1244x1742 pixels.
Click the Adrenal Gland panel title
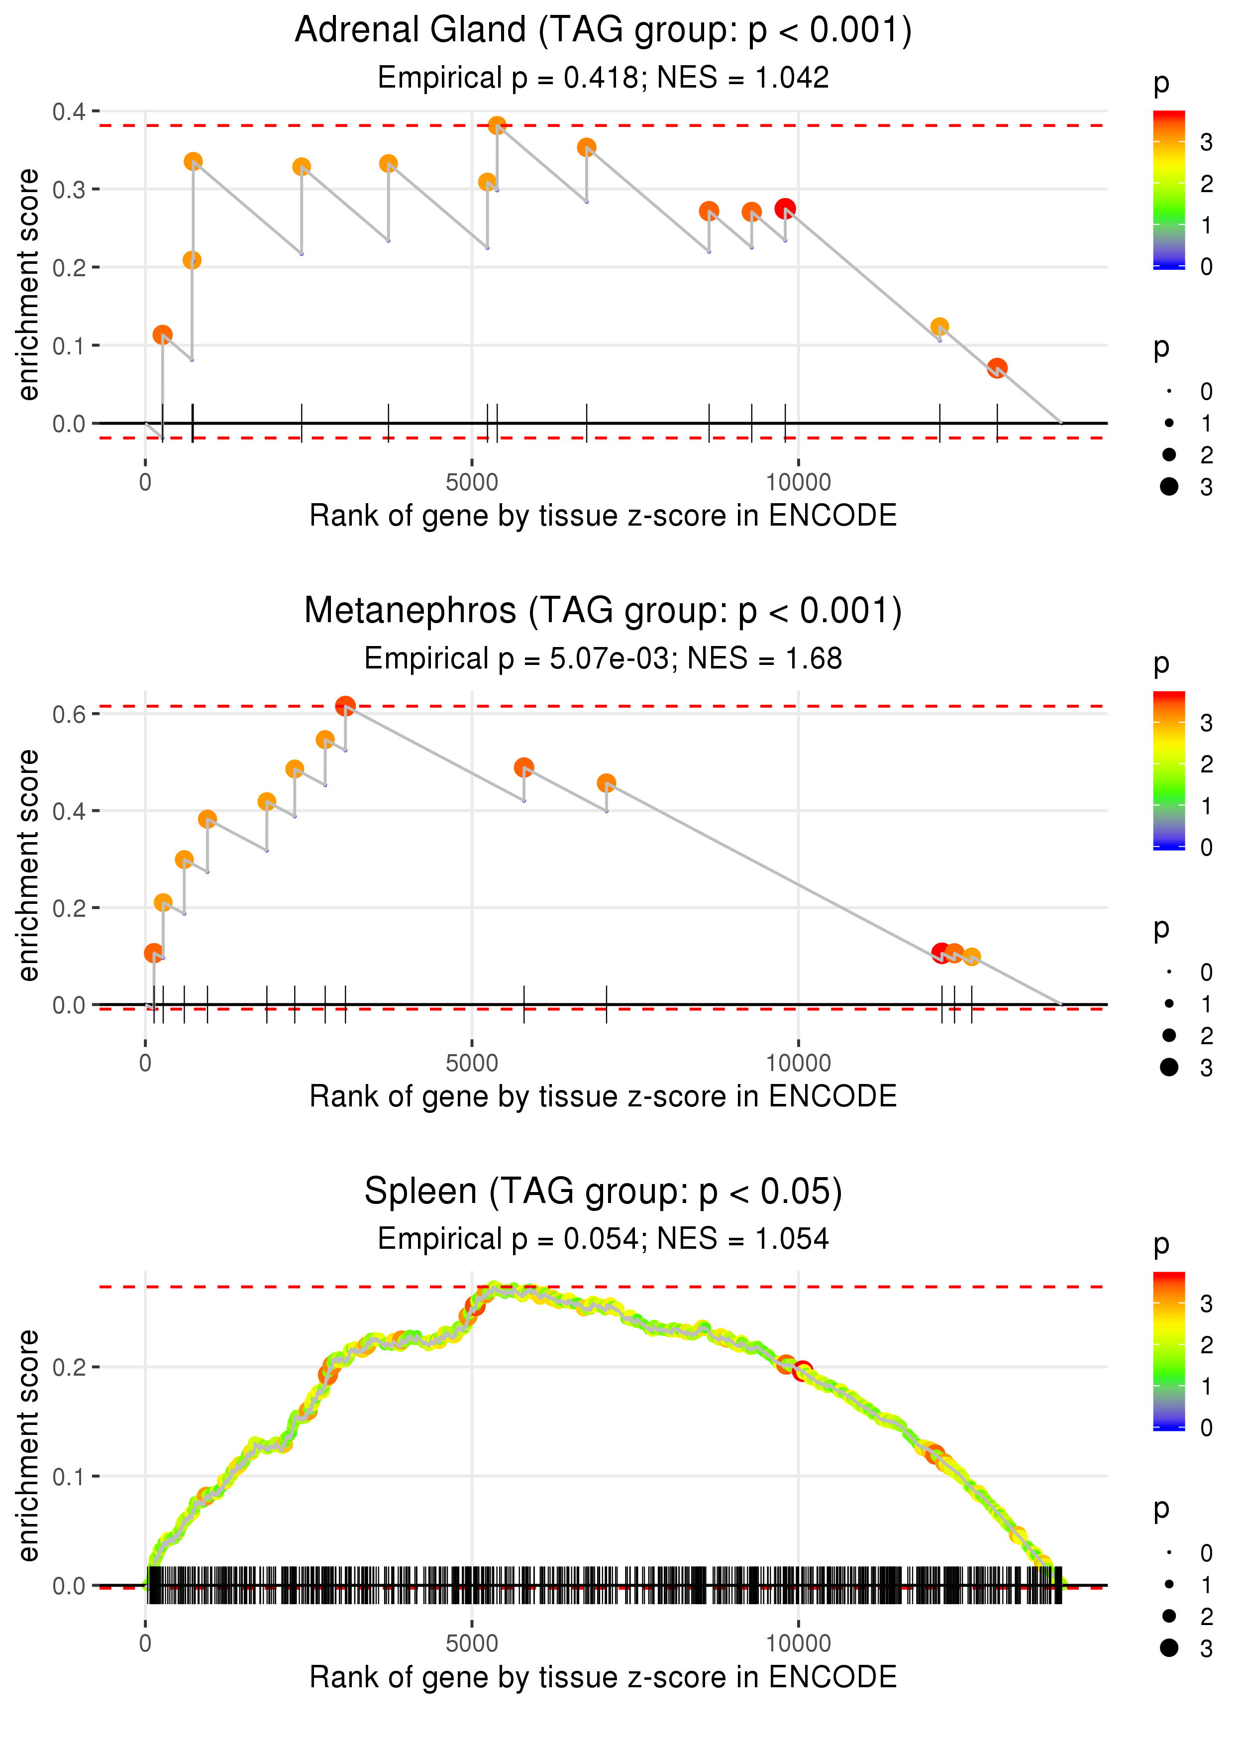pos(603,31)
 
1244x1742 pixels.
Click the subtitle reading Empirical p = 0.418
pos(603,78)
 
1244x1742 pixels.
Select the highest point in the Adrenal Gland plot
pos(497,125)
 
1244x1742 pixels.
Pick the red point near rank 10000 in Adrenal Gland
pos(784,209)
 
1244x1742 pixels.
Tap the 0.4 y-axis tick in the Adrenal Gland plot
pos(69,112)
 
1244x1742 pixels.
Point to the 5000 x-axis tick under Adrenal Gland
pos(472,483)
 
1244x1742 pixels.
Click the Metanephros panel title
pos(603,611)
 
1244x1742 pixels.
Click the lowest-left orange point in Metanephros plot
pos(154,953)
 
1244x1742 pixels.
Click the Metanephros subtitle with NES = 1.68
pos(603,659)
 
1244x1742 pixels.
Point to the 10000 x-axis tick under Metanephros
pos(798,1063)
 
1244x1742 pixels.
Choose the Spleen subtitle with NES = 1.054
pos(603,1239)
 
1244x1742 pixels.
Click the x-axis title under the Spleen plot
pos(603,1677)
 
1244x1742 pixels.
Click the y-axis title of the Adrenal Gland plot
pos(28,285)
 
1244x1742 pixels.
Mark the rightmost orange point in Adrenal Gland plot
pos(997,368)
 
